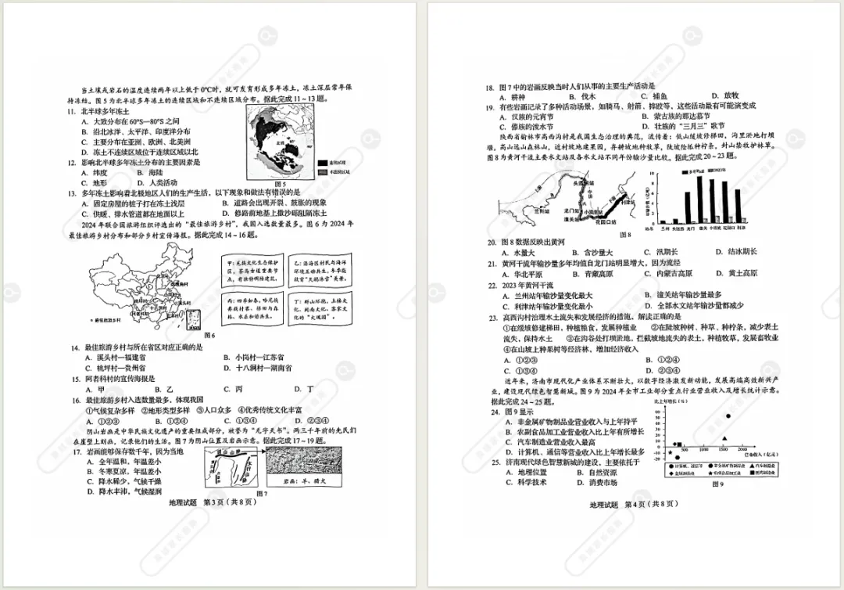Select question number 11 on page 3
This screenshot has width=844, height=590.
point(71,111)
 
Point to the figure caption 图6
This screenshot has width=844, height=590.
point(209,335)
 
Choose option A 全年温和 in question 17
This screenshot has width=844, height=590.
point(105,462)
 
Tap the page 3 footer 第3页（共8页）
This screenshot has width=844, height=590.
point(228,503)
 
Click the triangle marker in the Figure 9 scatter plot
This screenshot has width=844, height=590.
point(724,439)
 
